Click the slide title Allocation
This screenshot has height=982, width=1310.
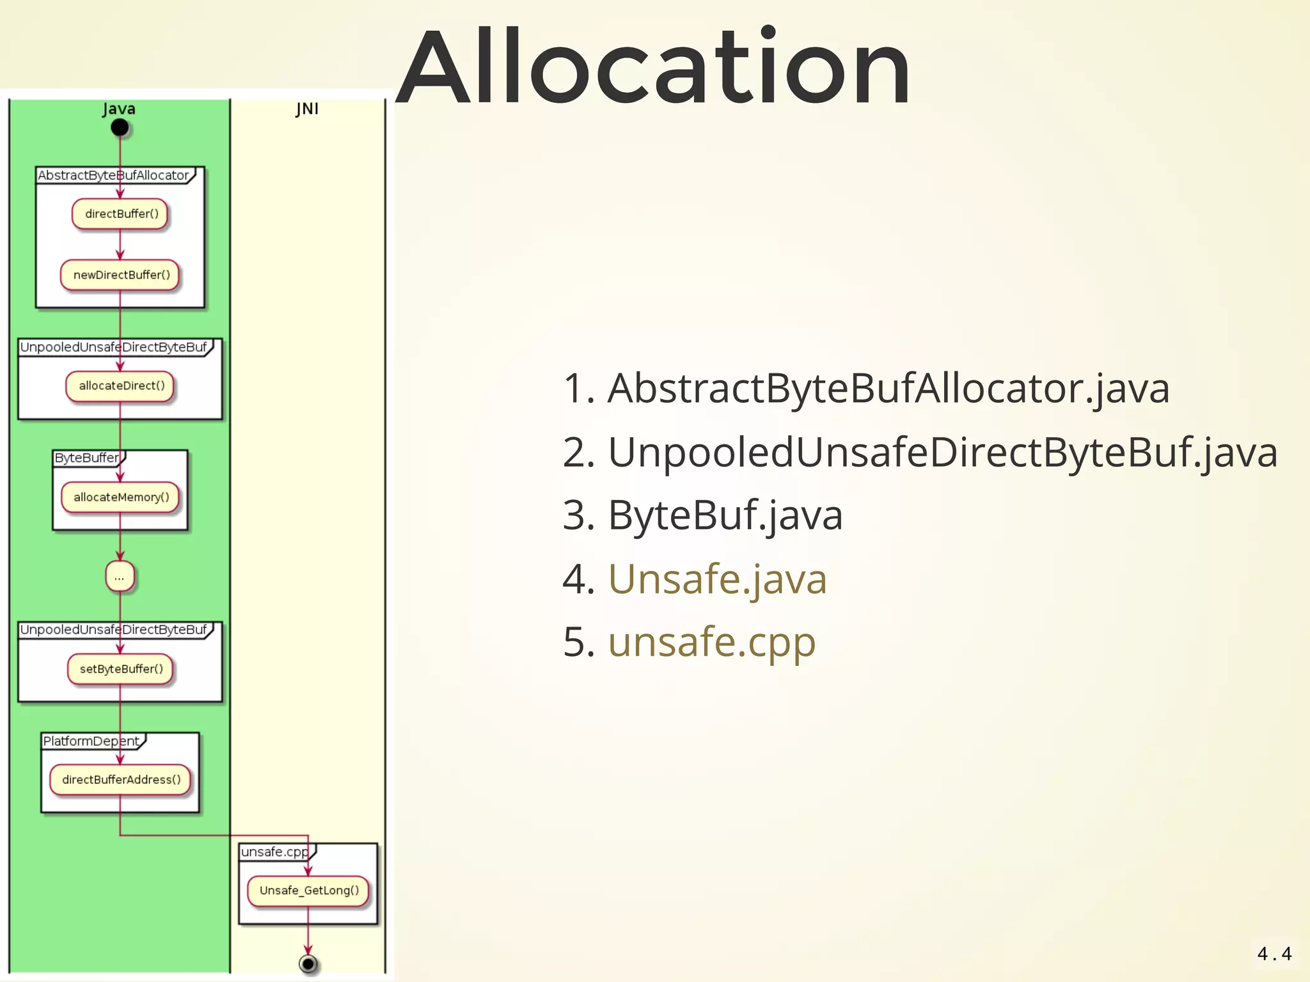[x=654, y=67]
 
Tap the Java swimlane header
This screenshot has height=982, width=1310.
[x=119, y=109]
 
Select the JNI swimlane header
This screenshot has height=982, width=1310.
[x=307, y=109]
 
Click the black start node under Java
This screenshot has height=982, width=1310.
[x=120, y=128]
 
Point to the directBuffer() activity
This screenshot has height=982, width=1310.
[x=121, y=214]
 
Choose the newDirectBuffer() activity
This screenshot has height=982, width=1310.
[x=121, y=275]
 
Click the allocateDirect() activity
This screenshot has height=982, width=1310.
[x=121, y=386]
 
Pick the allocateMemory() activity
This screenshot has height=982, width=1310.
[x=121, y=497]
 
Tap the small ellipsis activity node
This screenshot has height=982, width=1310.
[x=120, y=577]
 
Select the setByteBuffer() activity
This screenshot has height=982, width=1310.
[x=121, y=669]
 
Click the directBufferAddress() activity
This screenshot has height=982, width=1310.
[x=121, y=779]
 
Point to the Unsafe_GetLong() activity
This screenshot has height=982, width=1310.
[x=308, y=890]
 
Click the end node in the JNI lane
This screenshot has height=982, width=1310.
[x=308, y=963]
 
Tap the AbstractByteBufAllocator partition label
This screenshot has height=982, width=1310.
[x=113, y=175]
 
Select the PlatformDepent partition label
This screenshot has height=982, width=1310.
[x=91, y=741]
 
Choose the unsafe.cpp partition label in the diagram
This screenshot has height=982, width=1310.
[x=274, y=852]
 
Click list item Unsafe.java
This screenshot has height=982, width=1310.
[x=717, y=579]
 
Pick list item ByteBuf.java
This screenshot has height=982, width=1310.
[x=725, y=515]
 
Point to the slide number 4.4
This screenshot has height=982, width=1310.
[x=1274, y=954]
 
